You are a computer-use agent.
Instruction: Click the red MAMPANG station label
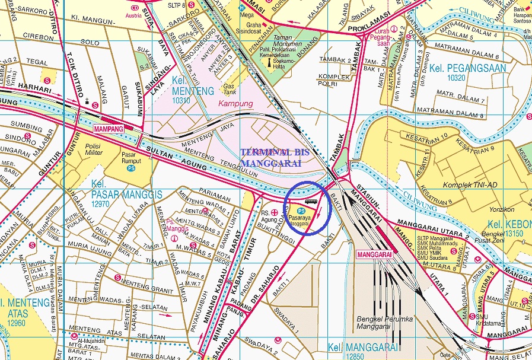click(108, 128)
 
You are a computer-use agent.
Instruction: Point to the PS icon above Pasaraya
click(301, 211)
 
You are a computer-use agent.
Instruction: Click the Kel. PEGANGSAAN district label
click(469, 68)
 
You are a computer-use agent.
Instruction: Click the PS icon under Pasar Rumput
click(130, 168)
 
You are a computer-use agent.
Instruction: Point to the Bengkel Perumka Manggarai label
click(384, 323)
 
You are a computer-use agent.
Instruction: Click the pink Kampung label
click(235, 104)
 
